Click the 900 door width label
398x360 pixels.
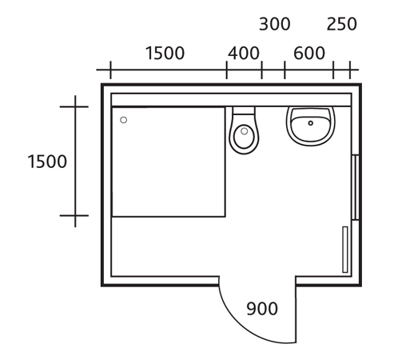point(262,309)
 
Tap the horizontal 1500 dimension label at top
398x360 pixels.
point(165,53)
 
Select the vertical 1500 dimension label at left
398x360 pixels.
point(47,162)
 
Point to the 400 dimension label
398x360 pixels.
point(244,53)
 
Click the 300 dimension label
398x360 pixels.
point(275,24)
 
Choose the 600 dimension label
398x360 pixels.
point(309,53)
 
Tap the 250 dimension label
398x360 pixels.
point(342,24)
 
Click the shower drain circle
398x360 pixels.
point(123,120)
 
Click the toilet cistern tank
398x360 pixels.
point(244,111)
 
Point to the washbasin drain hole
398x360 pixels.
point(311,123)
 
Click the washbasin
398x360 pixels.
point(311,126)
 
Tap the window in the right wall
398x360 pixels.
point(355,187)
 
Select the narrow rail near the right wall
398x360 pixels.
point(345,250)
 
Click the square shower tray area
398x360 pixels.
point(169,162)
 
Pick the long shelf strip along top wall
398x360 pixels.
point(231,100)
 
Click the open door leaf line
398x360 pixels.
point(296,310)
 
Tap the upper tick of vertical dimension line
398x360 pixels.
point(74,106)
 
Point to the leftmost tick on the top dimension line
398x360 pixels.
point(110,70)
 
